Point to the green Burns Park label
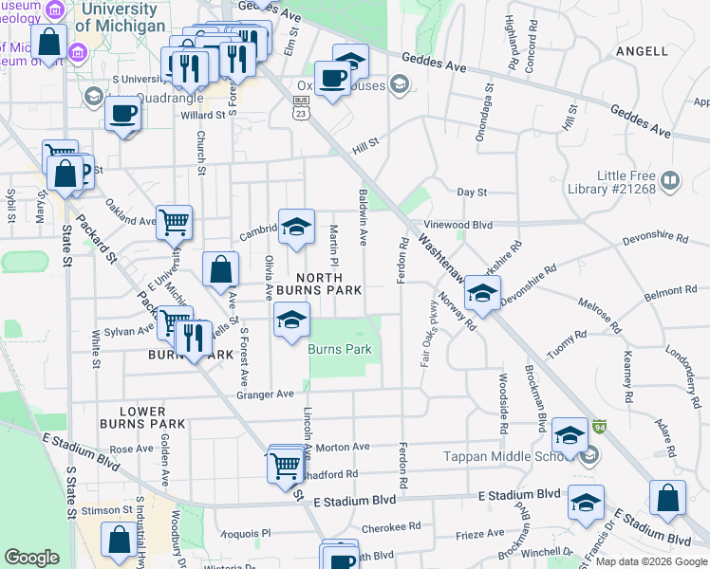pyautogui.click(x=339, y=350)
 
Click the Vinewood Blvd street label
pyautogui.click(x=458, y=225)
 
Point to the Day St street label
pyautogui.click(x=472, y=192)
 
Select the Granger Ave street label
pyautogui.click(x=266, y=394)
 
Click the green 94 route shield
pyautogui.click(x=599, y=429)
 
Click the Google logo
pyautogui.click(x=32, y=558)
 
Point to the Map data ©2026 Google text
pyautogui.click(x=650, y=561)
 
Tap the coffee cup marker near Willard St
pyautogui.click(x=123, y=116)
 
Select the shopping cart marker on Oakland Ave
pyautogui.click(x=174, y=223)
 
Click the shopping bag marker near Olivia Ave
pyautogui.click(x=220, y=268)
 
